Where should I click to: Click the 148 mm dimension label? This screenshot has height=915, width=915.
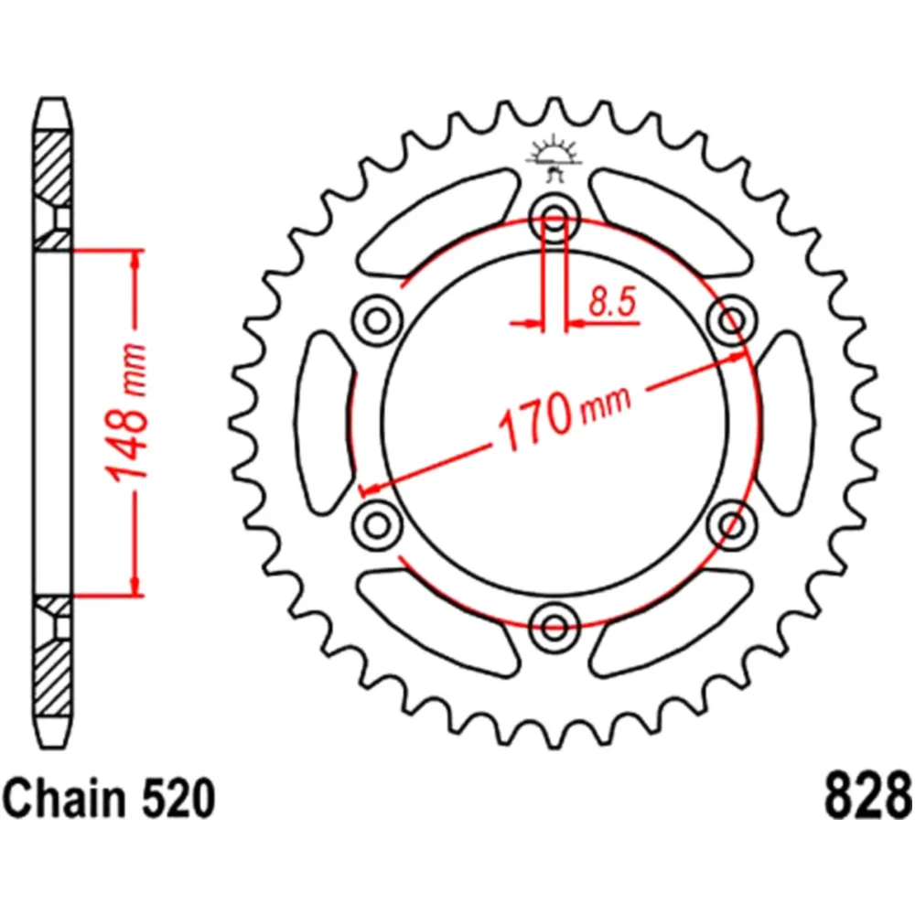coord(126,414)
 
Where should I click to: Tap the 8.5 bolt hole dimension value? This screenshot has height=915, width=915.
coord(611,303)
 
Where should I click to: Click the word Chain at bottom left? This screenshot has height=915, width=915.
coord(64,797)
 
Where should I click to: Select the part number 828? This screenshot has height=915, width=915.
coord(867,797)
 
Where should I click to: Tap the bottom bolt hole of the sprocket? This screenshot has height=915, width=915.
coord(554,626)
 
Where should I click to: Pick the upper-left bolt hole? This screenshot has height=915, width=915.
coord(376,319)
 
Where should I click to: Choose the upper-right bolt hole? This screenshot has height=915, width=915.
coord(731,319)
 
